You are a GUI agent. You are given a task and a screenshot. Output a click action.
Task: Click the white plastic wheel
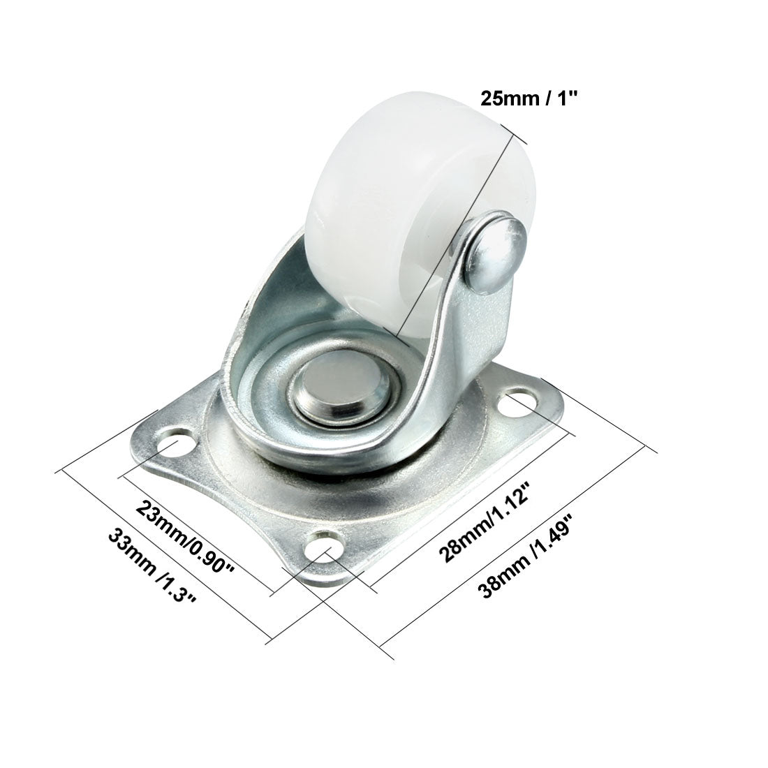pos(377,195)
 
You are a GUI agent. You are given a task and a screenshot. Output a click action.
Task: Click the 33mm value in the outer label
pos(126,552)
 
